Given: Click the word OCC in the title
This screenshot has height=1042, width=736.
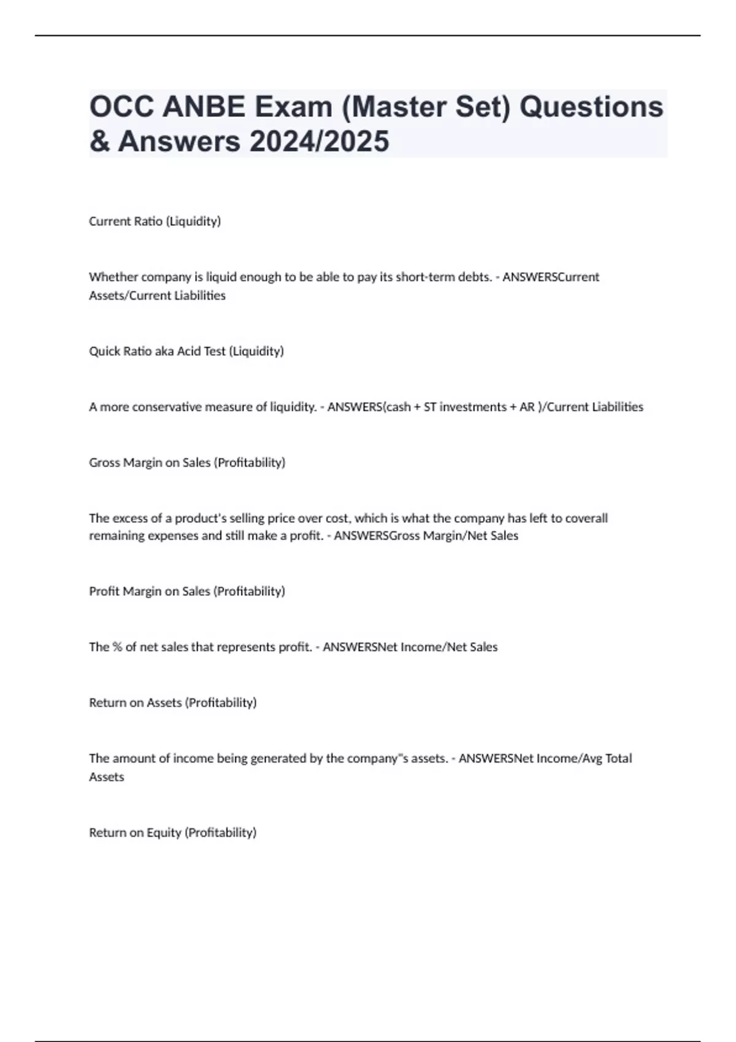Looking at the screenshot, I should click(121, 107).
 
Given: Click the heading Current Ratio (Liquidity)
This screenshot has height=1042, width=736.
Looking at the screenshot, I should click(155, 221).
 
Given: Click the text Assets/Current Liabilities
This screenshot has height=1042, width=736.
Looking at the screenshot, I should click(157, 295).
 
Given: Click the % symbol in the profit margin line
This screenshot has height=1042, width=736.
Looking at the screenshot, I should click(118, 647).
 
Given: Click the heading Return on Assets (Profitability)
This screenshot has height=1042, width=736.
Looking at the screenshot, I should click(172, 703).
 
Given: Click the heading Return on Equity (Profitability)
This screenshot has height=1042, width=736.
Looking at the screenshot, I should click(172, 833).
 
